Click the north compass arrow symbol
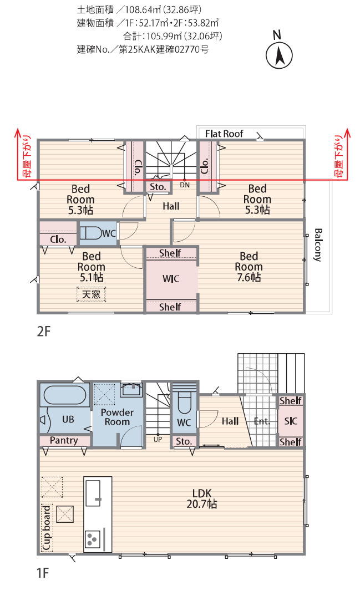[279, 55]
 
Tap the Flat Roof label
[224, 134]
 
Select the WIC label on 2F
[171, 279]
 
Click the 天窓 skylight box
[91, 294]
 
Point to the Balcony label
[318, 245]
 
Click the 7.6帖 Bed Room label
[249, 267]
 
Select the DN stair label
[185, 185]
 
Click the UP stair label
[158, 440]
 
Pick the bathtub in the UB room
[65, 395]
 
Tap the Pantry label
[64, 441]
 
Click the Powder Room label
[117, 417]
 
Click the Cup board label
[47, 528]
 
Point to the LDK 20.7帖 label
[202, 498]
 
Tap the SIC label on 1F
[291, 421]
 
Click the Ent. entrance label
[262, 421]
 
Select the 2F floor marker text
[44, 332]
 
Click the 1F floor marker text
[43, 573]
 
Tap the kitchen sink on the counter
[93, 493]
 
